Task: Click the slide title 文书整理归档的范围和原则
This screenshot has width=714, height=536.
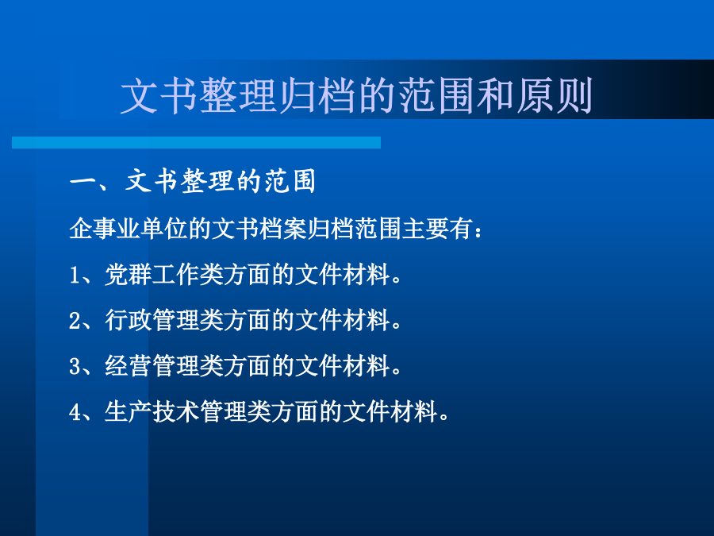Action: click(356, 96)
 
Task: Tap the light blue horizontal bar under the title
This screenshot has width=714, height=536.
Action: click(196, 143)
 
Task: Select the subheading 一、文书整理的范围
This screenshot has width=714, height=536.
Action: click(192, 181)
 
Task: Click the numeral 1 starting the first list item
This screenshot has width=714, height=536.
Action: click(75, 275)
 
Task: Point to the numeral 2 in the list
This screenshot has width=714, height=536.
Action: click(75, 321)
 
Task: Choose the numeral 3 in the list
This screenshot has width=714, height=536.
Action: click(75, 366)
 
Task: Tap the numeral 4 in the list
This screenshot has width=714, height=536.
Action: click(75, 412)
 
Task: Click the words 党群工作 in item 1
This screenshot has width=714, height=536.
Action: click(152, 275)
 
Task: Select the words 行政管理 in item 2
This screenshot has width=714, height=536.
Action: click(152, 320)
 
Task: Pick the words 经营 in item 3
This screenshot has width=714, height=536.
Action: click(128, 365)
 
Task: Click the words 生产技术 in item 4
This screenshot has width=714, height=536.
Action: click(152, 411)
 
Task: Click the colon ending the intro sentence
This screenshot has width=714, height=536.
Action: click(478, 231)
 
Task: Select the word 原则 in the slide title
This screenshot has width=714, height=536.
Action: click(554, 96)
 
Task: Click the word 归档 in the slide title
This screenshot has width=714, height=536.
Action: click(317, 96)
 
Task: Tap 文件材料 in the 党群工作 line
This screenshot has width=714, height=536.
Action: click(341, 275)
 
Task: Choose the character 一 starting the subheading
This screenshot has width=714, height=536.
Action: click(82, 182)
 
